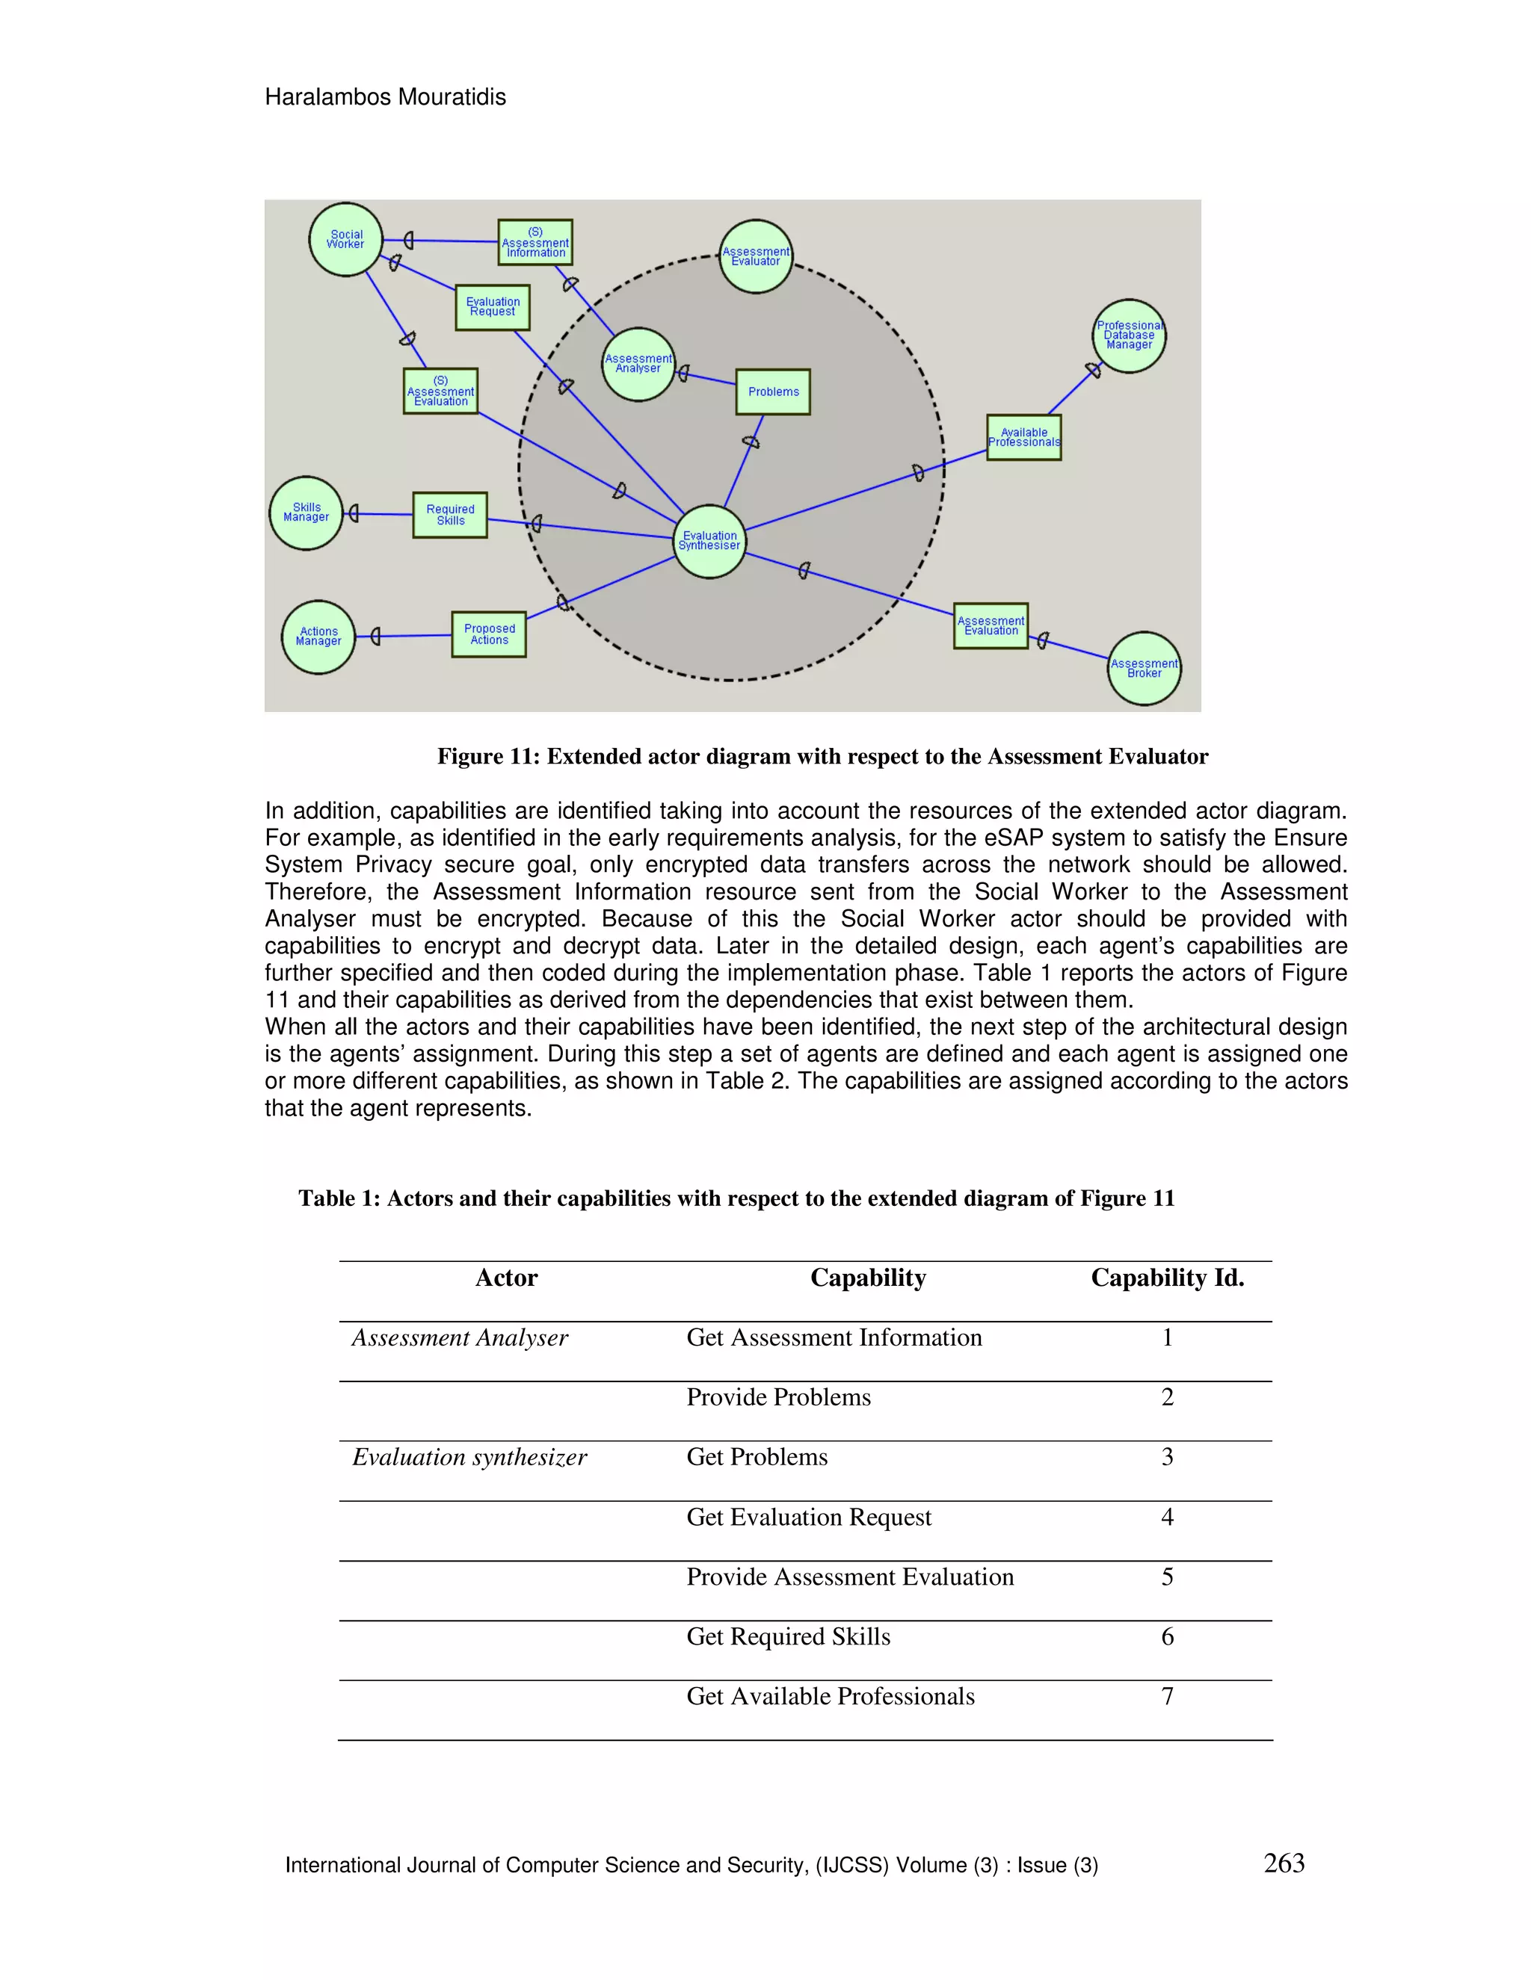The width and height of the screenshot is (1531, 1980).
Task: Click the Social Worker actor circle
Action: click(345, 239)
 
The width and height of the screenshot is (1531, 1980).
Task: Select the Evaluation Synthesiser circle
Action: click(710, 541)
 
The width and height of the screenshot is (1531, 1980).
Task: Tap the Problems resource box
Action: click(773, 392)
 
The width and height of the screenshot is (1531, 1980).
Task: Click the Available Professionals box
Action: click(1024, 437)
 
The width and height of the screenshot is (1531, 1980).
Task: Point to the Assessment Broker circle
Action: click(1144, 668)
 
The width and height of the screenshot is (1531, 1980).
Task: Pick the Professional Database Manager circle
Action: click(1128, 335)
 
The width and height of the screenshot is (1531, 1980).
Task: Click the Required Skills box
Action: click(450, 515)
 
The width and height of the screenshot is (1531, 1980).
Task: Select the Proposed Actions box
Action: click(489, 634)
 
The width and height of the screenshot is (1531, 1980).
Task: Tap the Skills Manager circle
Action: click(306, 513)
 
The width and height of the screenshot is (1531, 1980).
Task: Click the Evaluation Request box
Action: click(493, 307)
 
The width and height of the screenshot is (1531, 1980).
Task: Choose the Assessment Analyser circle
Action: click(638, 364)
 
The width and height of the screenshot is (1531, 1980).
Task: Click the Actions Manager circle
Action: click(318, 637)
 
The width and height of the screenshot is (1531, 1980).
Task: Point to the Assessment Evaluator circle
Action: click(756, 256)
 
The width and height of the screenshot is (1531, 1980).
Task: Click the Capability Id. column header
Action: click(1166, 1278)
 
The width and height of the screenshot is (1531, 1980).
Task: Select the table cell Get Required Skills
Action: click(788, 1636)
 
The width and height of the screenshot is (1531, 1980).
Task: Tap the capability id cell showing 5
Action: click(1166, 1577)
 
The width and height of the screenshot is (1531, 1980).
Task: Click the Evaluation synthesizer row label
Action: click(469, 1457)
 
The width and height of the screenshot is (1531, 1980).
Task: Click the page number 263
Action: click(1284, 1863)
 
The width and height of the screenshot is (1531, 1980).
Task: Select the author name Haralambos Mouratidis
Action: click(386, 97)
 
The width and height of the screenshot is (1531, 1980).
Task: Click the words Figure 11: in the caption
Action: click(488, 756)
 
